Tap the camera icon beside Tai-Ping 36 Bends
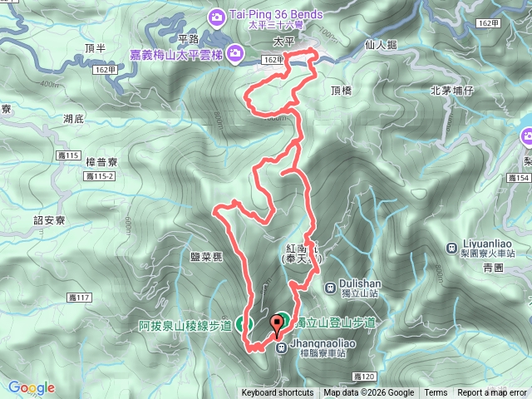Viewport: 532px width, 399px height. tap(216, 16)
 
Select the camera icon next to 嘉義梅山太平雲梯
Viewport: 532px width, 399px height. tap(235, 54)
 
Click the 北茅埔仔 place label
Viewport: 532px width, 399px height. tap(452, 91)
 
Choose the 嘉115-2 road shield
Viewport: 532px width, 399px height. tap(100, 176)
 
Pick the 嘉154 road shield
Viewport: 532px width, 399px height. tap(518, 178)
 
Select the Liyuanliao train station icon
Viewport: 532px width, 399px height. tap(450, 248)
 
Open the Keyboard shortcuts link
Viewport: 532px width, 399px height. tap(278, 393)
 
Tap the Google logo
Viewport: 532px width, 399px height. tap(31, 387)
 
